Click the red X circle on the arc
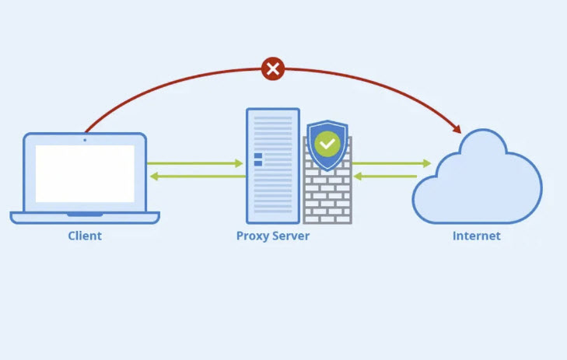pos(272,68)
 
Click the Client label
pos(85,236)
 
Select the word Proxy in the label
pos(252,236)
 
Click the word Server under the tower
pos(290,236)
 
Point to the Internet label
pos(477,236)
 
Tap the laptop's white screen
pos(85,173)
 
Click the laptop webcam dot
pos(85,140)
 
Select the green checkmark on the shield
pos(327,143)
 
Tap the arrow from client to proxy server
pos(194,163)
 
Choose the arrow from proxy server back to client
pos(194,177)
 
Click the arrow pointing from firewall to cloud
pos(391,163)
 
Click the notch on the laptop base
pos(85,214)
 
